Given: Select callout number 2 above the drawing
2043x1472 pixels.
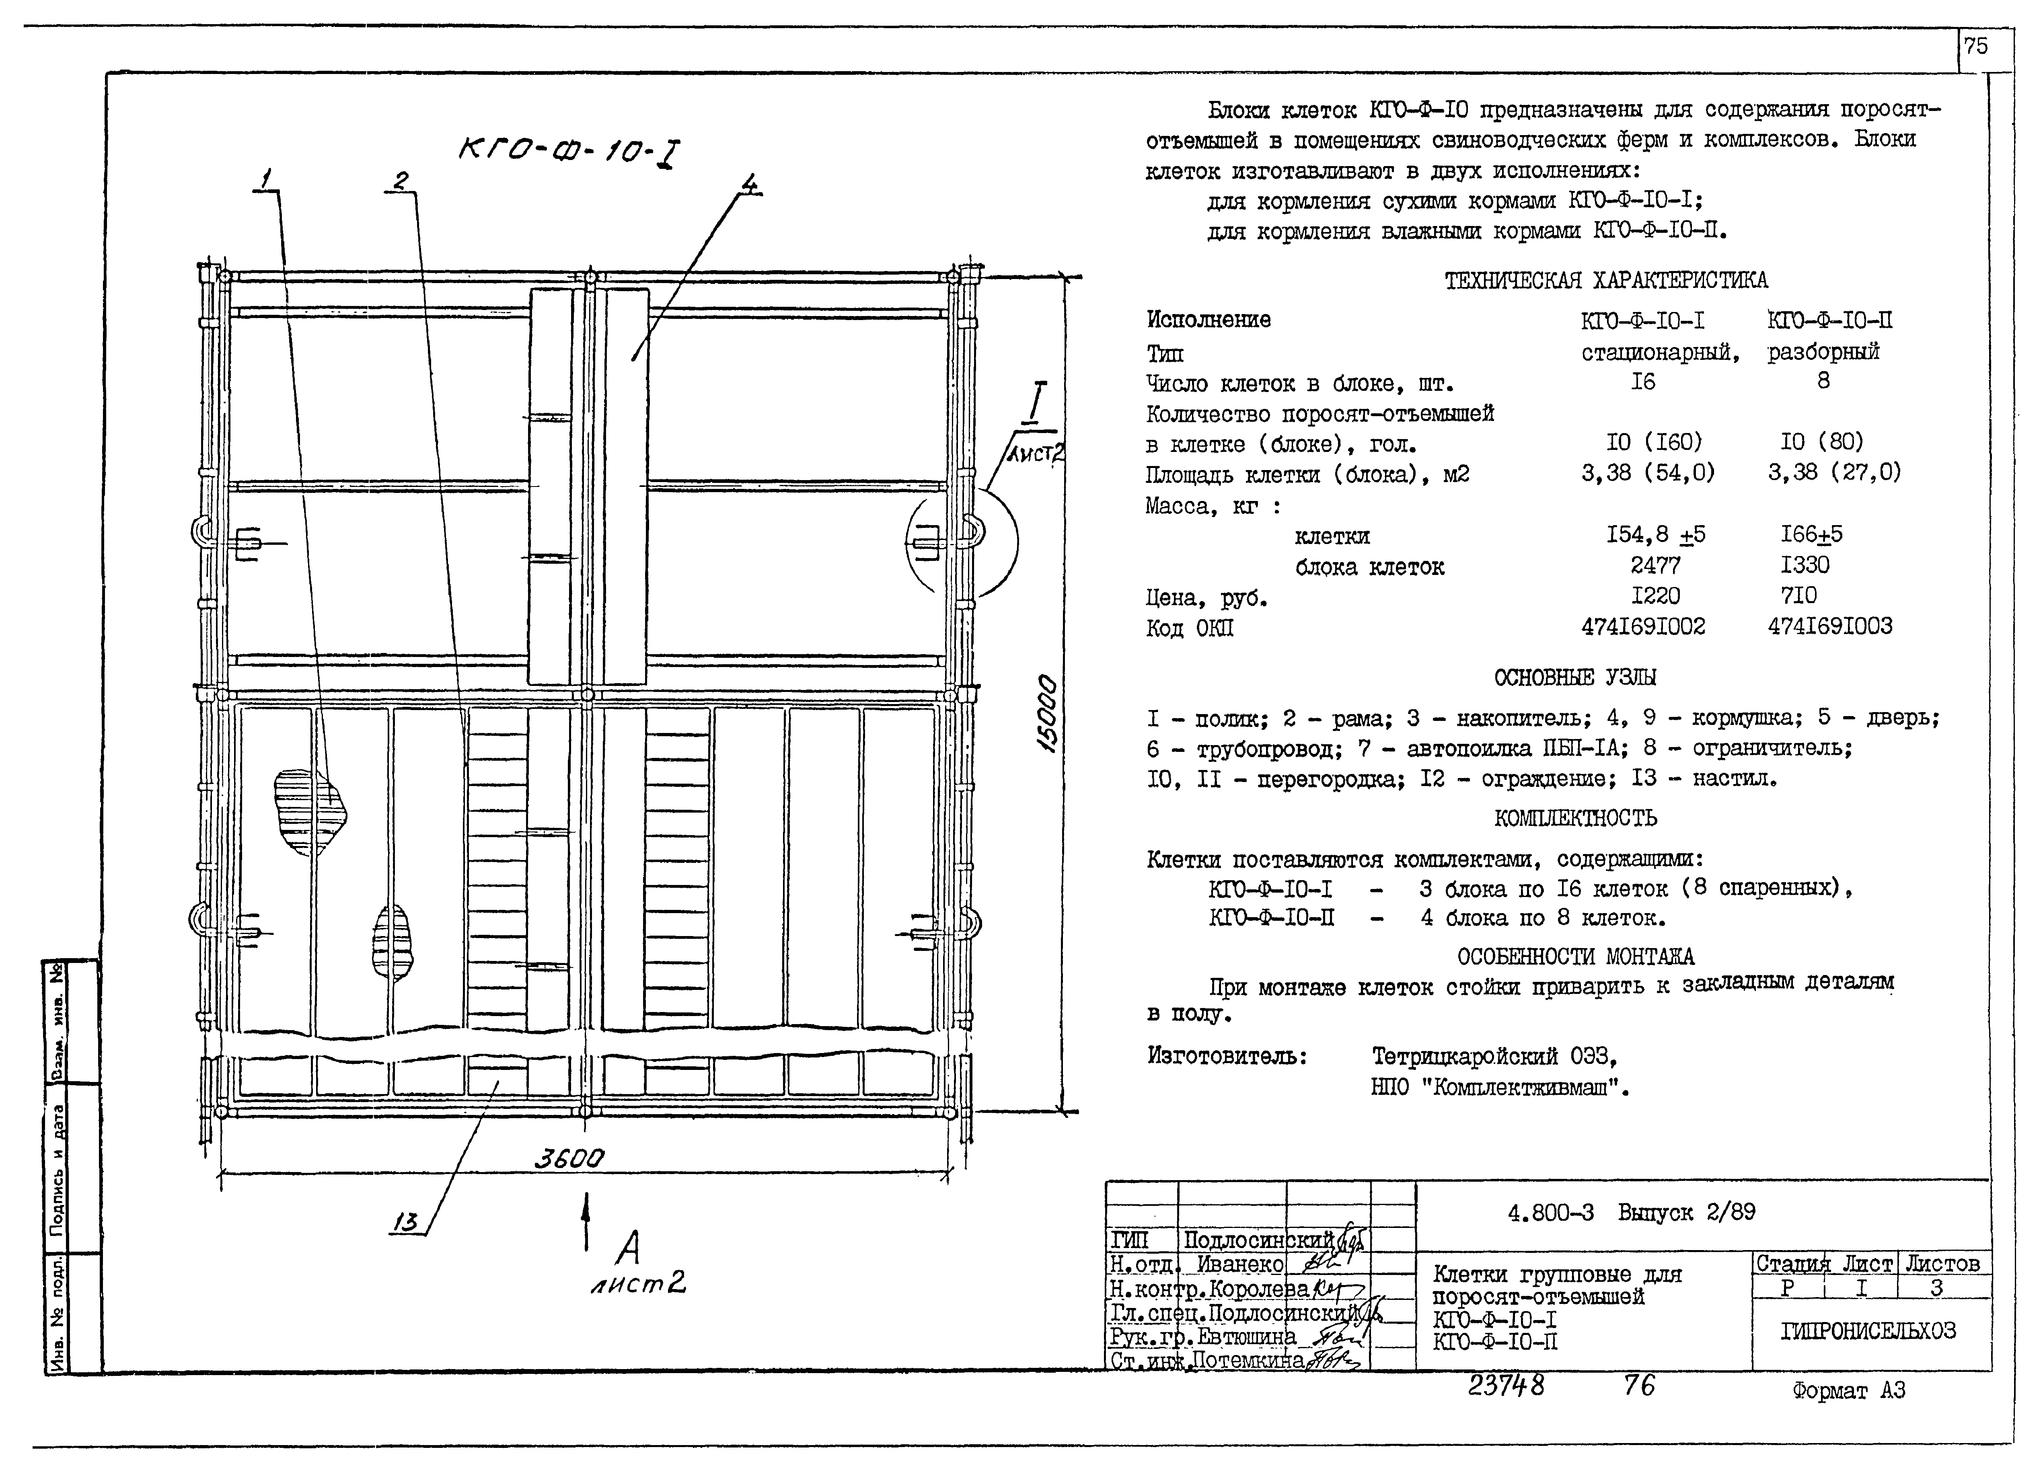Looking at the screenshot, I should point(400,181).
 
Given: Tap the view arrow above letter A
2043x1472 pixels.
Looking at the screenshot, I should point(586,1221).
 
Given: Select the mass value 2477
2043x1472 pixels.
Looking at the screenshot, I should point(1655,565).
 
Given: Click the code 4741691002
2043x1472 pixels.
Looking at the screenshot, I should point(1643,626).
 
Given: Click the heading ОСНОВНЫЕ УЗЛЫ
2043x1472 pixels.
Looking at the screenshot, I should point(1574,677).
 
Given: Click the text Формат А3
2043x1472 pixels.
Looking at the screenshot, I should point(1848,1391).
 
